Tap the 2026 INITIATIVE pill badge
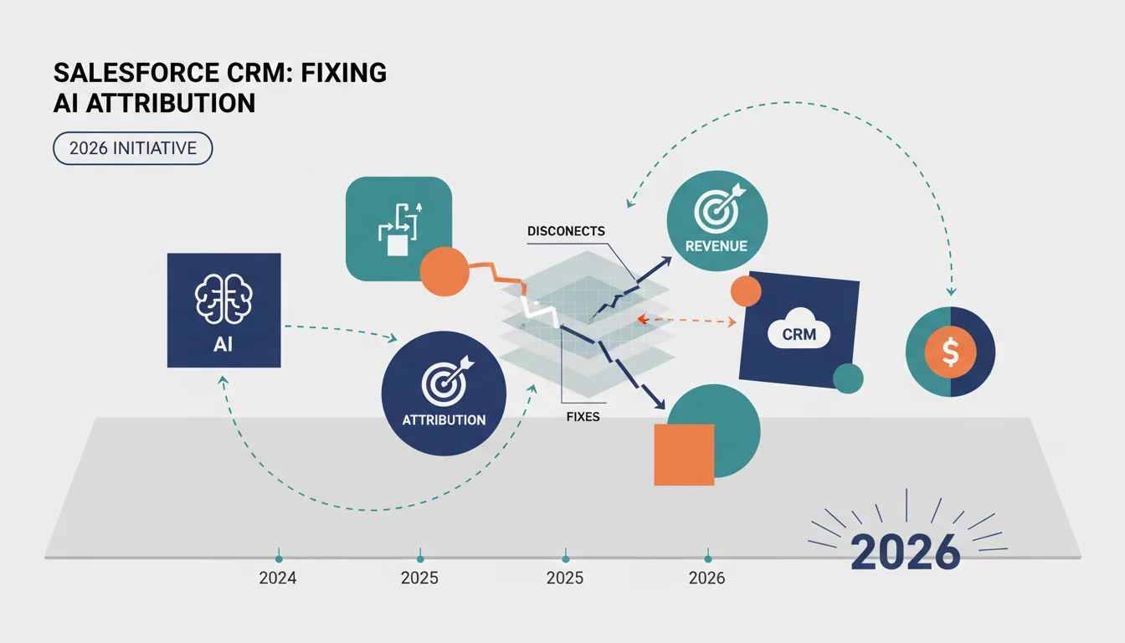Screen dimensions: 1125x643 [132, 148]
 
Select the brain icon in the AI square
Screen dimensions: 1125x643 [223, 299]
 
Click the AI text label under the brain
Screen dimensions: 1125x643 [223, 345]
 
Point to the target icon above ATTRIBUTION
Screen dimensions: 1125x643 [447, 381]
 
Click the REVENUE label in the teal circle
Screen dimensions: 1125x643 [717, 245]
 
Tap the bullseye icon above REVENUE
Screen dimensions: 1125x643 [719, 208]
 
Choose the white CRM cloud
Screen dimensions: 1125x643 [799, 329]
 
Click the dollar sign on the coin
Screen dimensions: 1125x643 [950, 352]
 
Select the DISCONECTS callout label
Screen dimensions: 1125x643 [566, 231]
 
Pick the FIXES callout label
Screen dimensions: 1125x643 [583, 417]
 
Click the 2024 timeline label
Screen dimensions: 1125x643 [278, 579]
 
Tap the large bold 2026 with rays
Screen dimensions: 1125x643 [906, 552]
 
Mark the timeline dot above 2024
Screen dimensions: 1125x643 [279, 559]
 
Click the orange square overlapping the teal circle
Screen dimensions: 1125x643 [684, 455]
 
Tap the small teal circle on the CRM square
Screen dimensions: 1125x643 [848, 378]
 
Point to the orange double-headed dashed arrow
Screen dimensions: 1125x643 [687, 320]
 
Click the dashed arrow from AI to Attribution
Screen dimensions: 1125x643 [342, 331]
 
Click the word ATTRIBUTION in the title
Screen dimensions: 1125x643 [170, 104]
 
